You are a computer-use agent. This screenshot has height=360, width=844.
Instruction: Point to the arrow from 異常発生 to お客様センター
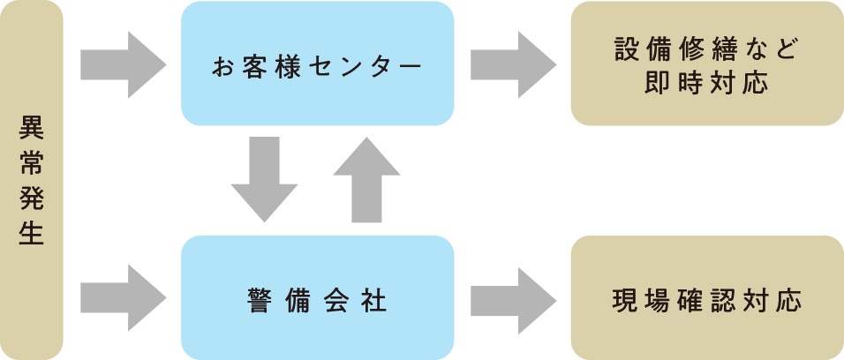(x=123, y=64)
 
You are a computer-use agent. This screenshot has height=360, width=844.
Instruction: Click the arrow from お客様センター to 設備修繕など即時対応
(x=513, y=64)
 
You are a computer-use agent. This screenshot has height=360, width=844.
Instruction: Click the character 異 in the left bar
(x=31, y=128)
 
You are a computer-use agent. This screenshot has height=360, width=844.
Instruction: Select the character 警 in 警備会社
(x=259, y=299)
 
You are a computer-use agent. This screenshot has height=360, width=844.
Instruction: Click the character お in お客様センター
(x=221, y=66)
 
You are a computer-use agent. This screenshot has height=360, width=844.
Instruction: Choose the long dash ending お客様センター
(x=411, y=66)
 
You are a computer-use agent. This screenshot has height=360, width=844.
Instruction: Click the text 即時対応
(x=706, y=83)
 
